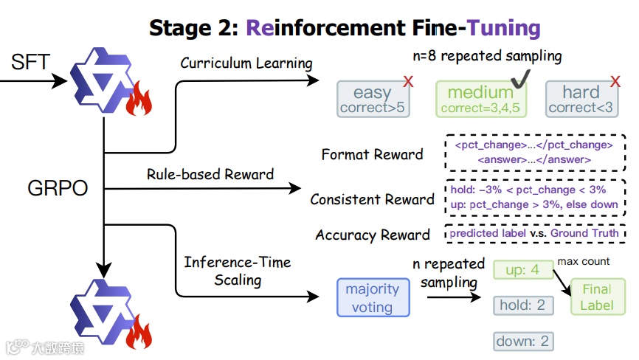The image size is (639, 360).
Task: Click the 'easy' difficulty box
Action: coord(373,100)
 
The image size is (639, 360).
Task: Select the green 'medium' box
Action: coord(480,100)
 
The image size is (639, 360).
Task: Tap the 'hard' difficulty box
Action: coord(581,100)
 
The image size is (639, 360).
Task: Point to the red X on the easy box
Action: coord(408,82)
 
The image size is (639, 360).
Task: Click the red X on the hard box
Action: coord(614,81)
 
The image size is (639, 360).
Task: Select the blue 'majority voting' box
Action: coord(372,297)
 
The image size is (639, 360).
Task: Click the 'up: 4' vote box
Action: coord(523,270)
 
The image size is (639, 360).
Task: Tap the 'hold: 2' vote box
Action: coord(523,304)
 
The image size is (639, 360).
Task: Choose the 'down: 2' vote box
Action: coord(523,341)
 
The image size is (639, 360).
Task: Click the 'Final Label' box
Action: coord(597,297)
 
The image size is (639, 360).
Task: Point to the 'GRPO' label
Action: coord(58,188)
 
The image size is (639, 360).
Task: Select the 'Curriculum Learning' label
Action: coord(246,63)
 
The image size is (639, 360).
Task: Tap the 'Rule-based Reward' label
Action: coord(210,175)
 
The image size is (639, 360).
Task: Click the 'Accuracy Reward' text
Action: coord(373,235)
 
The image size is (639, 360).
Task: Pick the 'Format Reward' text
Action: coord(373,154)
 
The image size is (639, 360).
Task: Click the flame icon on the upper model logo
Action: coord(139,101)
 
